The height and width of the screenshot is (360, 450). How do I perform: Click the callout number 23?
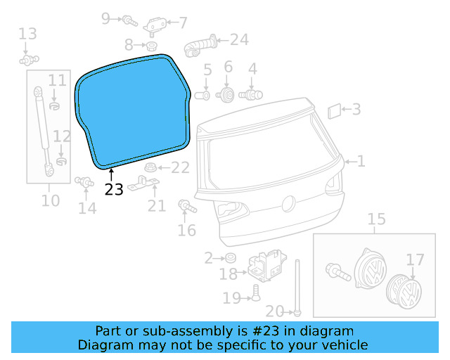(113, 189)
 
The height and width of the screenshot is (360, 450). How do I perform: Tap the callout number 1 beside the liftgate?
(361, 162)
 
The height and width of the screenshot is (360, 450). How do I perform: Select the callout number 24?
(239, 39)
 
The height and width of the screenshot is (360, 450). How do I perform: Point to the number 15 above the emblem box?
(377, 219)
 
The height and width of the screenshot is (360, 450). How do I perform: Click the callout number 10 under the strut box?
(50, 201)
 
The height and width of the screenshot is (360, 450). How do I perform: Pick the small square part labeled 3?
(335, 110)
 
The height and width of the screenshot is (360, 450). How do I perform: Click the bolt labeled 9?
(130, 20)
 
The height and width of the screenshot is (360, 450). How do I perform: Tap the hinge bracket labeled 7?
(154, 25)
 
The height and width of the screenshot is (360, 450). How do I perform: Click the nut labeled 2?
(231, 258)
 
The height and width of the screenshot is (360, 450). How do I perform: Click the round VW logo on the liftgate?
(288, 204)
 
